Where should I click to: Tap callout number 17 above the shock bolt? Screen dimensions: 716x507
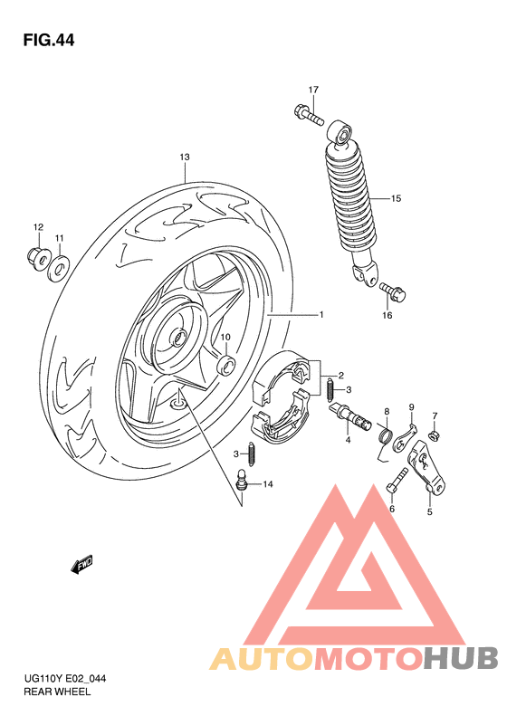(313, 90)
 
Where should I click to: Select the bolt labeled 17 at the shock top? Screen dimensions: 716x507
(307, 114)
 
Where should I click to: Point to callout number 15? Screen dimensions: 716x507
(395, 197)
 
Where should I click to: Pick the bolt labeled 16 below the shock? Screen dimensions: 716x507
(395, 292)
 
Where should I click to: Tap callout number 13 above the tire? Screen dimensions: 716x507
(184, 158)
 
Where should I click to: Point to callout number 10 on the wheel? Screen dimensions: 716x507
(225, 338)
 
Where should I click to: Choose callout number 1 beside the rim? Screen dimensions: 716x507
(320, 315)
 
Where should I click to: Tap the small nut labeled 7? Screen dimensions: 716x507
(434, 436)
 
